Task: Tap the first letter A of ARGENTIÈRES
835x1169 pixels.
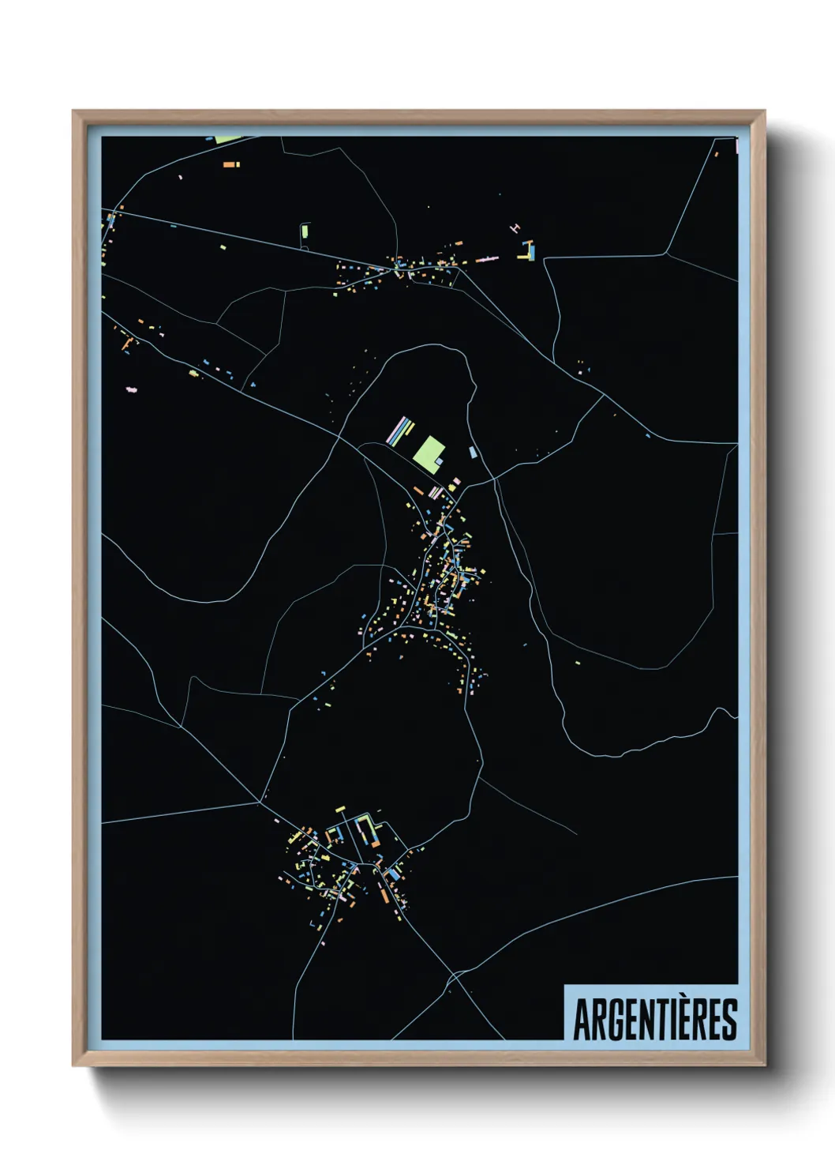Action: pos(583,1019)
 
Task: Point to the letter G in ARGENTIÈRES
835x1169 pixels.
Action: pos(618,1019)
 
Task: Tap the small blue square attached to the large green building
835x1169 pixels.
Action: pos(439,460)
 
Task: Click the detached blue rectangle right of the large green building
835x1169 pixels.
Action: pos(473,453)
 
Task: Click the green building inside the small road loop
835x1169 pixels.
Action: pos(304,232)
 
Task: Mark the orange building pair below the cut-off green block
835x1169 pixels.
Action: pos(230,165)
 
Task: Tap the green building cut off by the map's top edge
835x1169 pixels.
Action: pos(228,139)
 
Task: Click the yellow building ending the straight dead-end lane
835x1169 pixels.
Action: pos(341,810)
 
